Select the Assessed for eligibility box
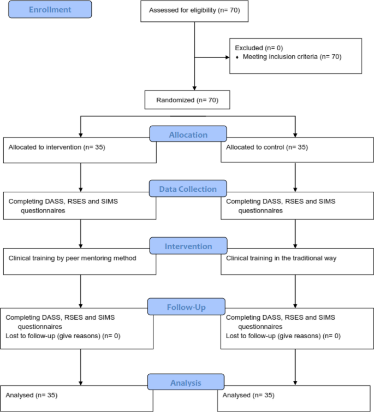pyautogui.click(x=194, y=11)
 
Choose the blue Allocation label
pyautogui.click(x=187, y=134)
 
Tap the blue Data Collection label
pyautogui.click(x=187, y=189)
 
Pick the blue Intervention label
pyautogui.click(x=187, y=246)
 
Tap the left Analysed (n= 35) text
pyautogui.click(x=32, y=395)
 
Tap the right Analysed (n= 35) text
pyautogui.click(x=249, y=395)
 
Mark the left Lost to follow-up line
pyautogui.click(x=63, y=336)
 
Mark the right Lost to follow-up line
pyautogui.click(x=283, y=336)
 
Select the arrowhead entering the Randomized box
pyautogui.click(x=194, y=87)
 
